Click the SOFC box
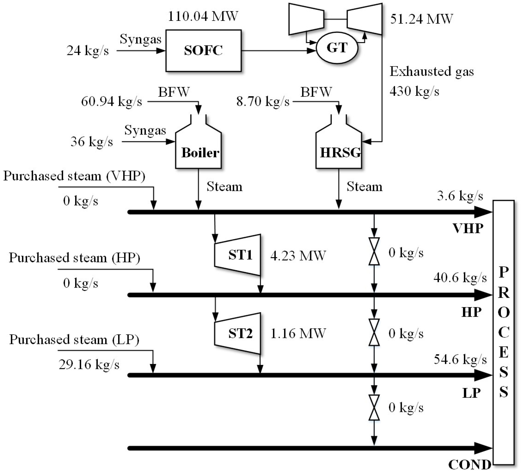(x=203, y=51)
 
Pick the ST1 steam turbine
(x=238, y=255)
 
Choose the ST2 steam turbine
(x=238, y=333)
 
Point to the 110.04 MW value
(x=203, y=16)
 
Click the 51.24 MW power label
(x=421, y=19)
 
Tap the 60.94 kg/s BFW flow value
(x=112, y=101)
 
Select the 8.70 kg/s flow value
(x=263, y=101)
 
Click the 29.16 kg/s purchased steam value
(x=89, y=365)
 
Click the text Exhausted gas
(x=432, y=72)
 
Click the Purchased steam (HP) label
(x=74, y=258)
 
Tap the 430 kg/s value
(x=414, y=91)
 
